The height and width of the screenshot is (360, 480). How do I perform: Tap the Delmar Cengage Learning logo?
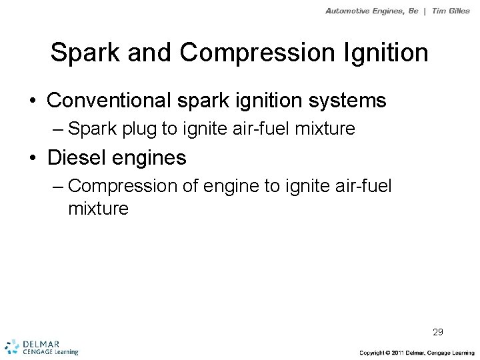pyautogui.click(x=41, y=346)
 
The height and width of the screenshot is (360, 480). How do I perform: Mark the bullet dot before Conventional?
pyautogui.click(x=32, y=101)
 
